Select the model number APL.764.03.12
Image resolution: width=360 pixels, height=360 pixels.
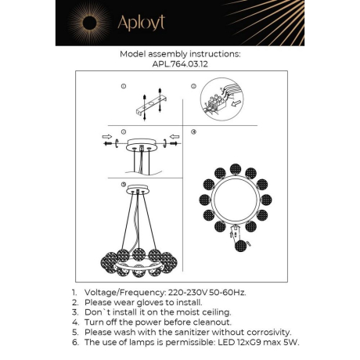(x=179, y=66)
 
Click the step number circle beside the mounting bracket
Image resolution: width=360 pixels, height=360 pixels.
(x=124, y=85)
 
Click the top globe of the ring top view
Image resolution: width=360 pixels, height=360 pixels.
(x=235, y=169)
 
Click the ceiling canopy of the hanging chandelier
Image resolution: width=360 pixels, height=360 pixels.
(x=140, y=191)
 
